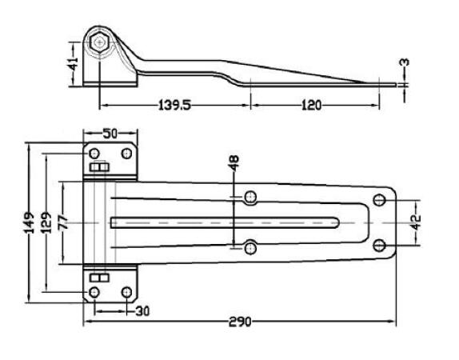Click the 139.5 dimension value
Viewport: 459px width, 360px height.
click(x=174, y=105)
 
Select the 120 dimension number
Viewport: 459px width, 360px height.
click(x=311, y=105)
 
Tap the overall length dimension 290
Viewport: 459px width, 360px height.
click(x=240, y=322)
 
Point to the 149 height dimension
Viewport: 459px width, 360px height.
click(x=30, y=222)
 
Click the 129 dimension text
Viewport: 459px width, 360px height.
click(x=46, y=222)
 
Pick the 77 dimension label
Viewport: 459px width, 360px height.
click(x=63, y=222)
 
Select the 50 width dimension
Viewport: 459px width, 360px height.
click(x=110, y=134)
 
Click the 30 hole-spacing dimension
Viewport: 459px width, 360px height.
click(x=142, y=311)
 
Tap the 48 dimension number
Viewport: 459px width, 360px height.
click(x=234, y=163)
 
